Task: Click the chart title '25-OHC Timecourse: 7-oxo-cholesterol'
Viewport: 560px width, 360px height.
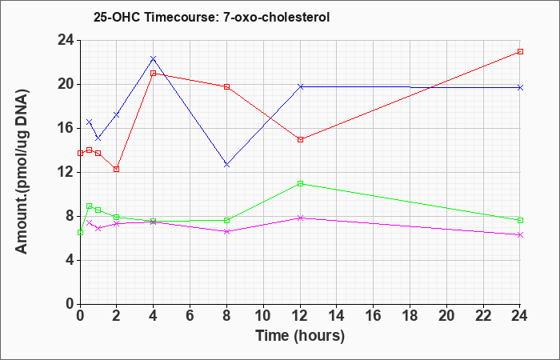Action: pyautogui.click(x=211, y=17)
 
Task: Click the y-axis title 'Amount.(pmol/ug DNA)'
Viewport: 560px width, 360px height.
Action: pyautogui.click(x=22, y=172)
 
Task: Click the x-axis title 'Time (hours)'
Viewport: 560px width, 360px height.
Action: pyautogui.click(x=300, y=336)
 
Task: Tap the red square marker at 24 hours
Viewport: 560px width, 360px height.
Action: pyautogui.click(x=520, y=51)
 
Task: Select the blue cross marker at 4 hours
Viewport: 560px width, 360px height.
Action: pyautogui.click(x=154, y=58)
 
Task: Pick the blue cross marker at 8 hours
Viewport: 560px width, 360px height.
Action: pyautogui.click(x=226, y=165)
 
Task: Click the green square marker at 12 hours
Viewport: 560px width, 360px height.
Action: pyautogui.click(x=300, y=183)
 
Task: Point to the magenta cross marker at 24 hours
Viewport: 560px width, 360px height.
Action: pyautogui.click(x=520, y=234)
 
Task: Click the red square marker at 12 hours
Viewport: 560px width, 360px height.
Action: pyautogui.click(x=300, y=139)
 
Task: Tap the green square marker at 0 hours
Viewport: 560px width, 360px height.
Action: pyautogui.click(x=80, y=233)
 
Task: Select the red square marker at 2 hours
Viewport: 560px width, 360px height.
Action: pyautogui.click(x=117, y=170)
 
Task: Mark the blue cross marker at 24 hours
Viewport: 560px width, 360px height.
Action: pyautogui.click(x=520, y=87)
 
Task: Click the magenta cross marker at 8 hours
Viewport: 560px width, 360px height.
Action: pyautogui.click(x=226, y=231)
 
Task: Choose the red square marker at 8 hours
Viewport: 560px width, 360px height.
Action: pyautogui.click(x=226, y=86)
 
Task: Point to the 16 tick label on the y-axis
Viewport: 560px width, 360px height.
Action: pyautogui.click(x=66, y=129)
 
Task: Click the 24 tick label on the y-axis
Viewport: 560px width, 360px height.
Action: pyautogui.click(x=66, y=40)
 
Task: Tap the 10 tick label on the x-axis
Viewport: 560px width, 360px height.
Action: pyautogui.click(x=263, y=316)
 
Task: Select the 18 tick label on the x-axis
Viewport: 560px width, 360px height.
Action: pyautogui.click(x=410, y=316)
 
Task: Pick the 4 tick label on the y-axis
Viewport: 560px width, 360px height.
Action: pyautogui.click(x=70, y=260)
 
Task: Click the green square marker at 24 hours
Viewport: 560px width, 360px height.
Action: pyautogui.click(x=520, y=220)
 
